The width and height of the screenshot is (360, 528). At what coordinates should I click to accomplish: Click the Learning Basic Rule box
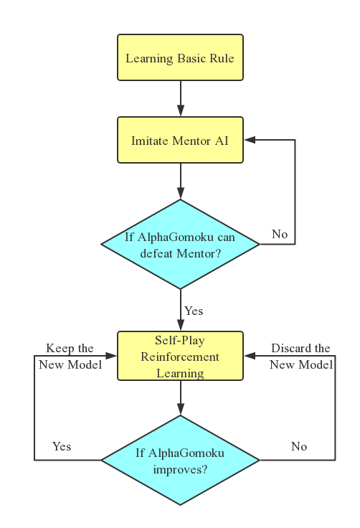(180, 57)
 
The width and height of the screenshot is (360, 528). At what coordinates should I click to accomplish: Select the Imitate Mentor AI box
(180, 141)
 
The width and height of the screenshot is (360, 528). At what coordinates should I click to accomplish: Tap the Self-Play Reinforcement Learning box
(180, 356)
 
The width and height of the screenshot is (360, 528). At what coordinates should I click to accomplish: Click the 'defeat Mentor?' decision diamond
(180, 245)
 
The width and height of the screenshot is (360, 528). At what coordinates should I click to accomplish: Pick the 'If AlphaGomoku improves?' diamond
(180, 461)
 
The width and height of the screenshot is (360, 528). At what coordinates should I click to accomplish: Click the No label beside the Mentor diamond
(280, 234)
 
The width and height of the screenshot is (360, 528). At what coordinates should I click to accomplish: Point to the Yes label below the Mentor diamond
(194, 311)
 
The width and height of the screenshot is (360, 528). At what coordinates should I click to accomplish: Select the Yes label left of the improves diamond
(62, 446)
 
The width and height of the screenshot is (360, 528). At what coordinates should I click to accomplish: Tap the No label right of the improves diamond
(299, 446)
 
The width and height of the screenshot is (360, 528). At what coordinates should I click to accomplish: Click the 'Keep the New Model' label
(70, 357)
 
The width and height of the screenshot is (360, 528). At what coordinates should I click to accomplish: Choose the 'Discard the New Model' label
(301, 357)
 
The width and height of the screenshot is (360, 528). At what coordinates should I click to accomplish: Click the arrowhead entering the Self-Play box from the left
(112, 356)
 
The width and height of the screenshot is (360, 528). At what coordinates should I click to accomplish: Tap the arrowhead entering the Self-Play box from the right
(249, 356)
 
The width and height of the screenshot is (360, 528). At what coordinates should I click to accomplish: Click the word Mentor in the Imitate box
(191, 141)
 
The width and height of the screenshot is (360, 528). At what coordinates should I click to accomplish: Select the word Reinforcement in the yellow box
(180, 357)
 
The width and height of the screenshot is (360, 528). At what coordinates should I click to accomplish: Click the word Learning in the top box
(149, 58)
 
